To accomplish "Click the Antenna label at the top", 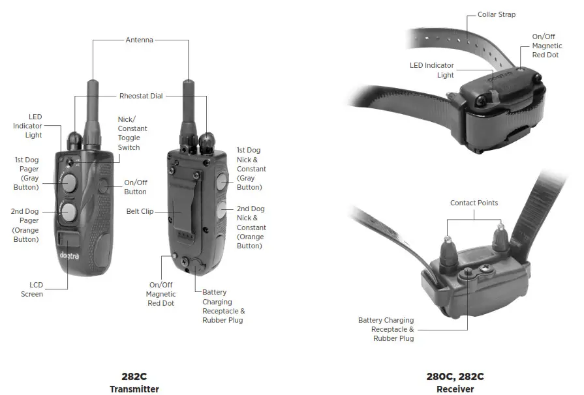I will pos(140,40).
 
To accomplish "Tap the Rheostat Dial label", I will pos(141,96).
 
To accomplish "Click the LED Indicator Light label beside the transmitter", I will pos(27,126).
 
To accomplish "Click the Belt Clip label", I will pos(140,211).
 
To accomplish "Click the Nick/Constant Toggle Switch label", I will pos(132,133).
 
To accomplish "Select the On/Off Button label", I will pos(135,188).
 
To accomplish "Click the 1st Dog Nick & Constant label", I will pos(251,169).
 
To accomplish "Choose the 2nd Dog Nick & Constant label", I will pos(251,227).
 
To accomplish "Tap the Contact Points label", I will pos(474,203).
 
